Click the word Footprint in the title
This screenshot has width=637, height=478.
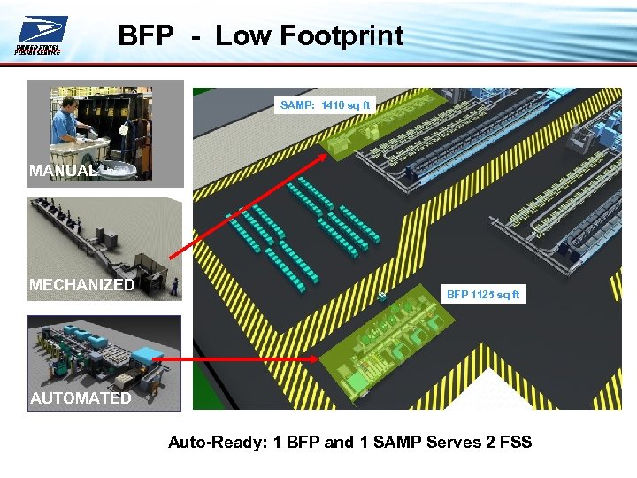click(x=342, y=35)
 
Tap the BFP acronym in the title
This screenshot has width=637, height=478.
click(x=146, y=35)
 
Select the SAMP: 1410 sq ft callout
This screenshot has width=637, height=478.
click(x=326, y=105)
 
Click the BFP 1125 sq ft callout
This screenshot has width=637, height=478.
click(x=483, y=294)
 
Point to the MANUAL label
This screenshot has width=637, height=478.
click(x=61, y=171)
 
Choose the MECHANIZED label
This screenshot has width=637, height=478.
click(x=81, y=285)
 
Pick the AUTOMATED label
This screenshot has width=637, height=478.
click(x=81, y=398)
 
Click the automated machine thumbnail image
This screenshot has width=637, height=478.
click(x=104, y=354)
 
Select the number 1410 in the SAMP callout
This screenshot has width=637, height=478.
click(x=333, y=105)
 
